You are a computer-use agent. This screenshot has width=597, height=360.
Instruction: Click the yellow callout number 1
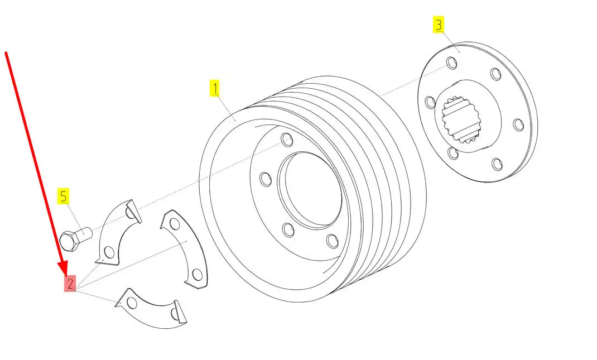215,88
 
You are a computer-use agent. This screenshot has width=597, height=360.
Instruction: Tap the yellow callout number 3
439,25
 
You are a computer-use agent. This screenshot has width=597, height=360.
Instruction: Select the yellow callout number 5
63,196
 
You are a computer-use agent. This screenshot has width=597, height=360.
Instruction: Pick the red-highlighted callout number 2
70,284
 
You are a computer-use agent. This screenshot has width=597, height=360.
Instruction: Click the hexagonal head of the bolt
69,241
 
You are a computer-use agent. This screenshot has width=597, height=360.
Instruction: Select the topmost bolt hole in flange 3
451,63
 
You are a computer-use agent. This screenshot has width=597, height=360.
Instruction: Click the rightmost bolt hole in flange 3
518,125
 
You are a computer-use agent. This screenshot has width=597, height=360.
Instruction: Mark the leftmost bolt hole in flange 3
430,102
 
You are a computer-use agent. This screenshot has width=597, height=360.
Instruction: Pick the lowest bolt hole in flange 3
497,164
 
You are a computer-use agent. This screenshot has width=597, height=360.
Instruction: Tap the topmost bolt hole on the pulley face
287,140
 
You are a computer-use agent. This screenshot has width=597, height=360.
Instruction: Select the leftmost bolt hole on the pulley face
266,179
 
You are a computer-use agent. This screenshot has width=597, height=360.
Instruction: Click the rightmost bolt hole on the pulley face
333,241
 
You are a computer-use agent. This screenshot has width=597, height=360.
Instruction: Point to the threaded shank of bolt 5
84,233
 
